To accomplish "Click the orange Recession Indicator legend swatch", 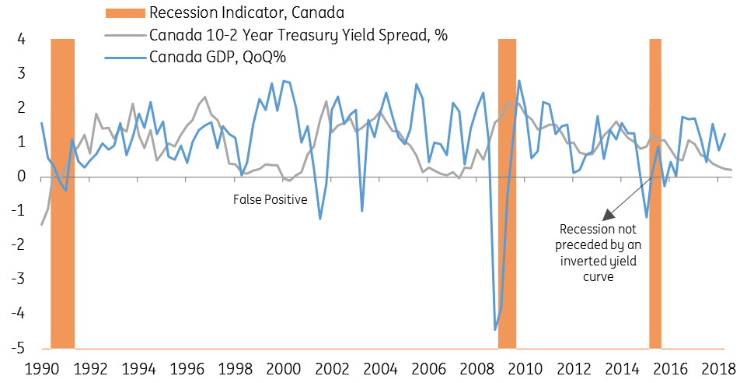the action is pyautogui.click(x=124, y=12).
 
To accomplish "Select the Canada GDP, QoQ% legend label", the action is pyautogui.click(x=218, y=57).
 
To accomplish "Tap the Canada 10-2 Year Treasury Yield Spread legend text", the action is pyautogui.click(x=298, y=34).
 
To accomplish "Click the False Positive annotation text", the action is pyautogui.click(x=270, y=199).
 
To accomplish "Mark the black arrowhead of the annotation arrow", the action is pyautogui.click(x=609, y=214).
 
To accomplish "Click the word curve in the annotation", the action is pyautogui.click(x=599, y=276).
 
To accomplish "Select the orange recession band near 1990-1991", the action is pyautogui.click(x=63, y=194).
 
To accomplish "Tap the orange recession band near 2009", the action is pyautogui.click(x=507, y=194).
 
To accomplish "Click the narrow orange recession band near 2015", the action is pyautogui.click(x=655, y=194).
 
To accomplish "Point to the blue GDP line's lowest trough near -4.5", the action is pyautogui.click(x=495, y=329).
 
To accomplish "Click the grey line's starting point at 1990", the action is pyautogui.click(x=42, y=225).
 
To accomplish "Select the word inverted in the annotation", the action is pyautogui.click(x=581, y=261).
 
